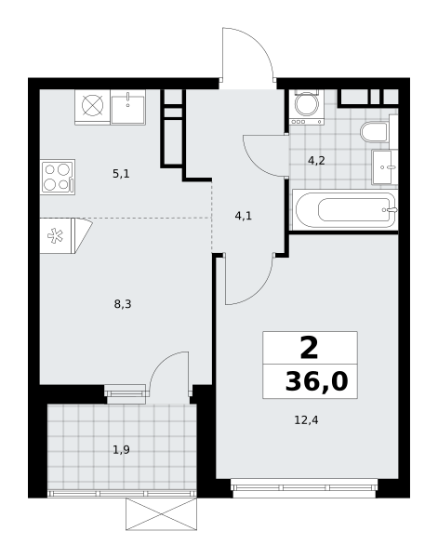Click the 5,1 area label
pos(121,174)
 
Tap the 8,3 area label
pos(123,304)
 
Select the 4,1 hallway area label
pos(244,216)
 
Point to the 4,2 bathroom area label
pos(316,161)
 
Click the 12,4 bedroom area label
pos(306,420)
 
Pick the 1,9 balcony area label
pos(121,450)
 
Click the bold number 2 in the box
pos(309,349)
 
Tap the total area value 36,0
pos(316,381)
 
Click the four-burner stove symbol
pos(58,177)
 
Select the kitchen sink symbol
pos(127,107)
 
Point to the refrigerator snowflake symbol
pos(55,236)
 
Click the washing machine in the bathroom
pos(306,108)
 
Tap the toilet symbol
pos(374,132)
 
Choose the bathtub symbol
pos(346,209)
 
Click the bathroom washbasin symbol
pos(385,166)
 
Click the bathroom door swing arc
pos(255,164)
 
